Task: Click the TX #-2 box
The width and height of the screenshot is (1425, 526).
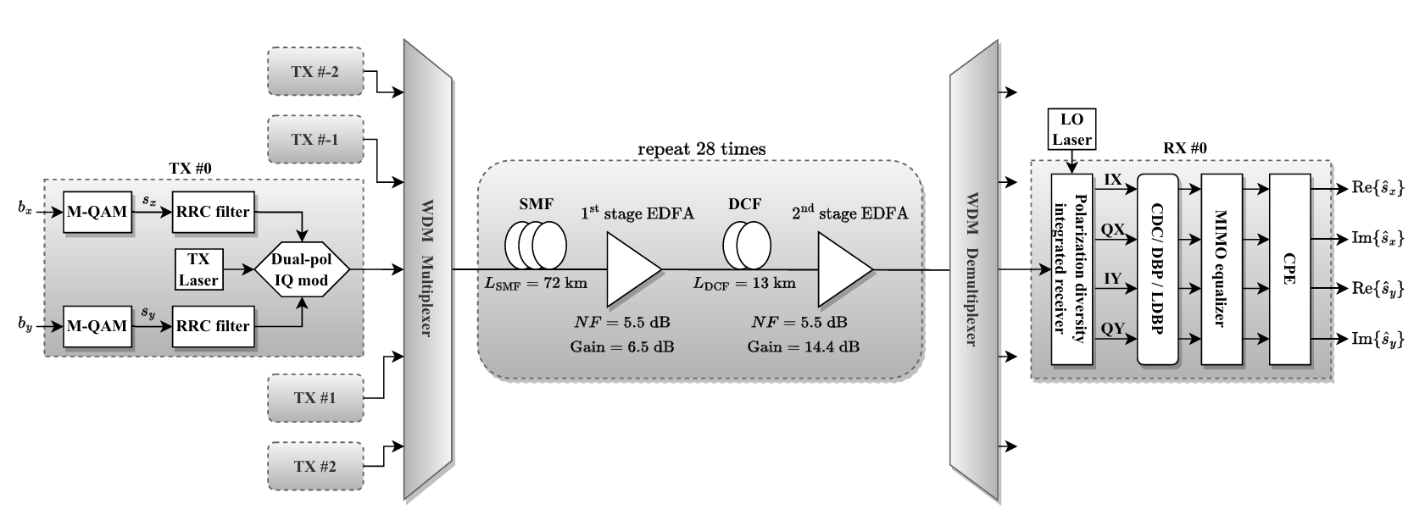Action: tap(315, 71)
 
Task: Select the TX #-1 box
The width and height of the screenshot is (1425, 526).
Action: tap(315, 139)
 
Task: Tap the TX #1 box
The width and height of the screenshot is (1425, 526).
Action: tap(315, 397)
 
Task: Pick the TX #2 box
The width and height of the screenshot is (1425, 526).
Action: tap(315, 466)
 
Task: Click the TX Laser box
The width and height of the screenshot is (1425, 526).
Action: tap(198, 269)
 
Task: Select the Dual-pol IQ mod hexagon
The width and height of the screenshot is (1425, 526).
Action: tap(302, 269)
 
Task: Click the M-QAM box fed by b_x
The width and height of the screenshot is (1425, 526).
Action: tap(97, 211)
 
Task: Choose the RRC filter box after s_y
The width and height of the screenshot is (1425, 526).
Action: tap(211, 326)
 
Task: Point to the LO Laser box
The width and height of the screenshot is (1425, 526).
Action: tap(1072, 128)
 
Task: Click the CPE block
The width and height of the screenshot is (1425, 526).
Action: tap(1289, 269)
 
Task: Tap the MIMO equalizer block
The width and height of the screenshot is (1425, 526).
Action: tap(1222, 269)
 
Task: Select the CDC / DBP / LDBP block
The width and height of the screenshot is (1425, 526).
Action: tap(1157, 269)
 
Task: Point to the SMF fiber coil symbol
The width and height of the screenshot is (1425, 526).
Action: tap(535, 244)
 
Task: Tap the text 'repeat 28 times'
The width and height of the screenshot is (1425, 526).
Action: tap(701, 149)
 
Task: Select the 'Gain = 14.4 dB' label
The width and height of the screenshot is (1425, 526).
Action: tap(803, 346)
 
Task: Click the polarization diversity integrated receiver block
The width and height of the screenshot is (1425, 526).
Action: tap(1072, 269)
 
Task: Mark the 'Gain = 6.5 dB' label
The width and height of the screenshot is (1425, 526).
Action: tap(622, 346)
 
